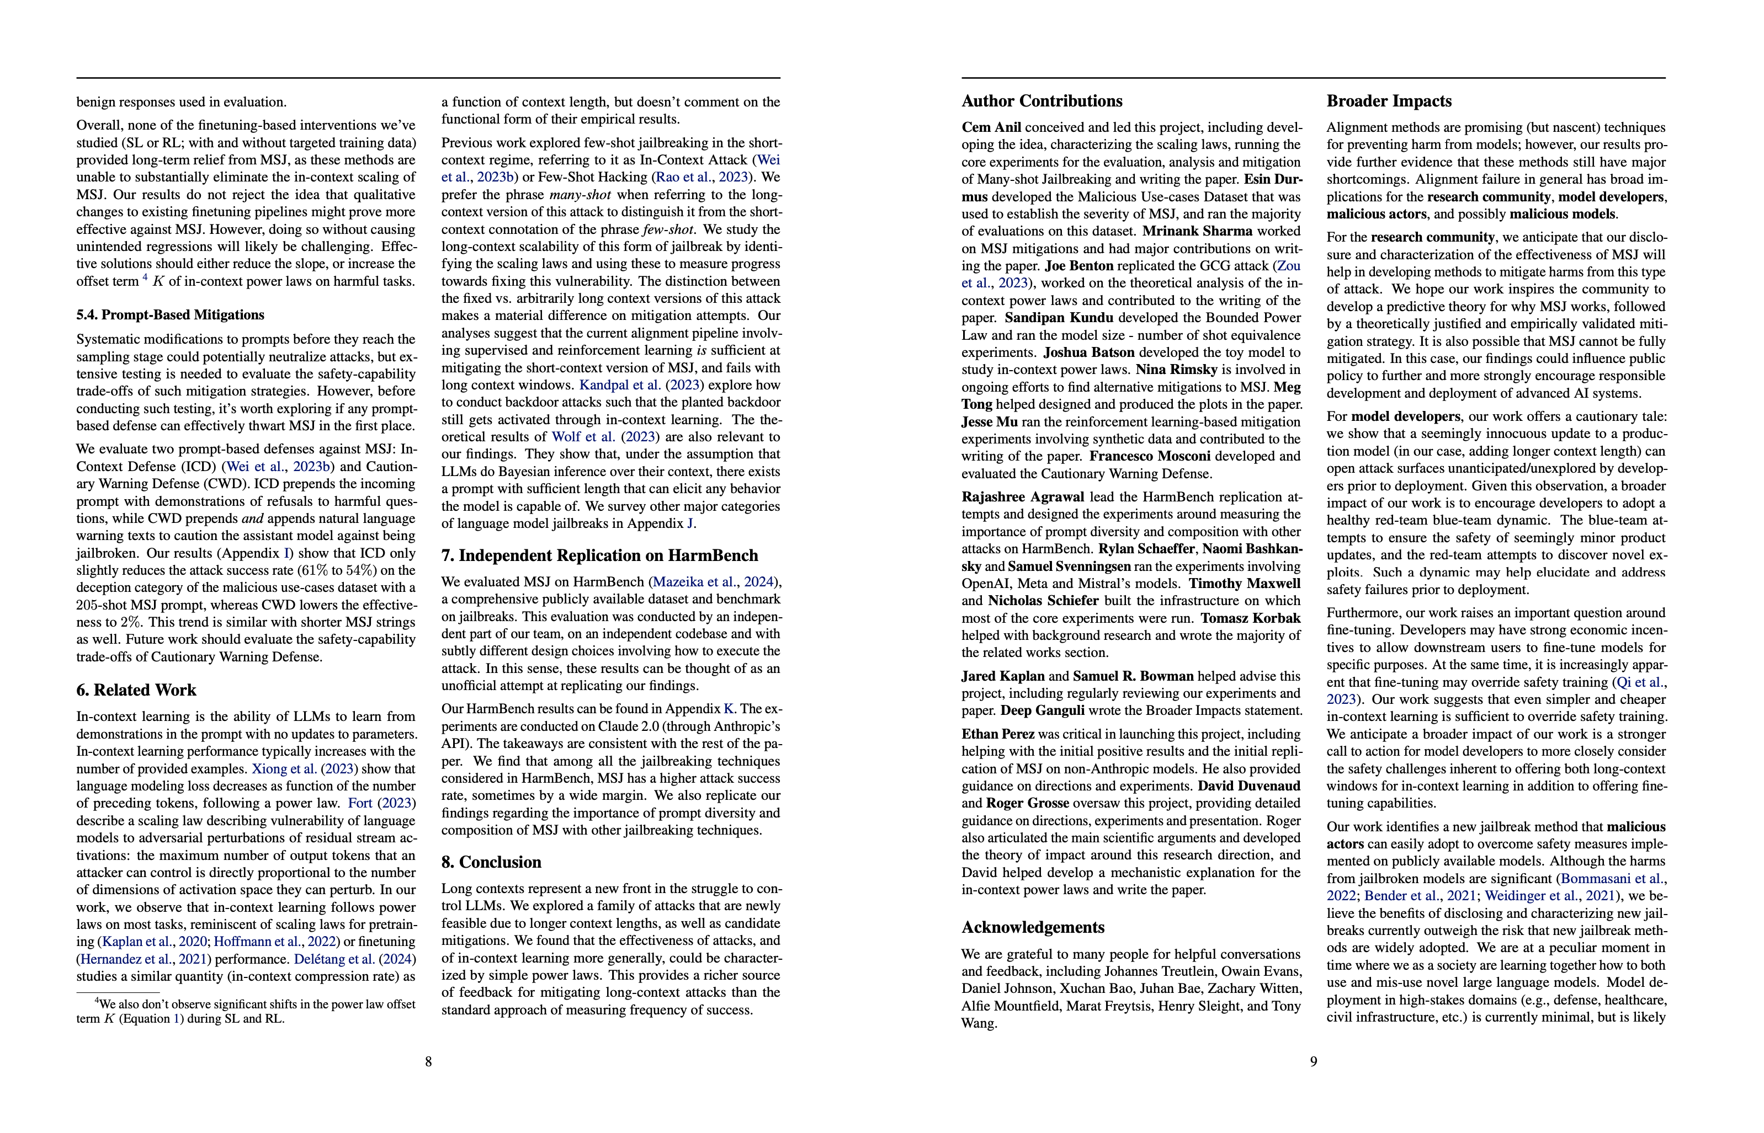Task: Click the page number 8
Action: click(428, 1062)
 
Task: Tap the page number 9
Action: click(1314, 1062)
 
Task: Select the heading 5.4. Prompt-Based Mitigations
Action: click(170, 315)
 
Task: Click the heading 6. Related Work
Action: click(136, 690)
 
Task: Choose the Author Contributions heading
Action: click(1042, 101)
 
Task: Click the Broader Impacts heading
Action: click(1389, 101)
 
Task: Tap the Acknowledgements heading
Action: click(1033, 927)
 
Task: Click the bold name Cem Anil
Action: click(991, 127)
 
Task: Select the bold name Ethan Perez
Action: click(998, 734)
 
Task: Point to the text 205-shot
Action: click(100, 605)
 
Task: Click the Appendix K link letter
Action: click(729, 709)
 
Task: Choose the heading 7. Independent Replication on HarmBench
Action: click(600, 555)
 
